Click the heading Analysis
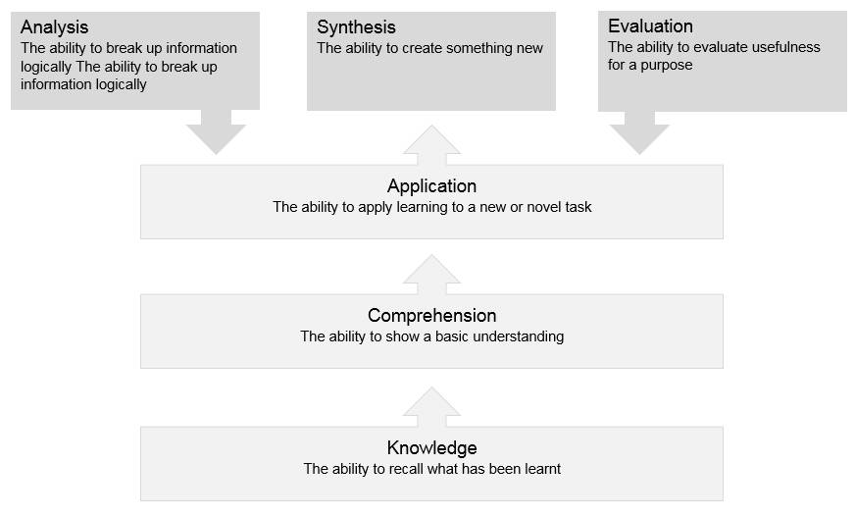pyautogui.click(x=55, y=27)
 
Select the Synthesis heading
pyautogui.click(x=356, y=27)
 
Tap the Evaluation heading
pyautogui.click(x=650, y=26)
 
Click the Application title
pyautogui.click(x=431, y=186)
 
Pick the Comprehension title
pyautogui.click(x=431, y=315)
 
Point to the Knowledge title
pyautogui.click(x=431, y=447)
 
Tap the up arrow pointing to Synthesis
pyautogui.click(x=431, y=144)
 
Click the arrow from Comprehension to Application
pyautogui.click(x=431, y=274)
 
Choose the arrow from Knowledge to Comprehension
pyautogui.click(x=431, y=406)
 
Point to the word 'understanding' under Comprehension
pyautogui.click(x=518, y=336)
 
